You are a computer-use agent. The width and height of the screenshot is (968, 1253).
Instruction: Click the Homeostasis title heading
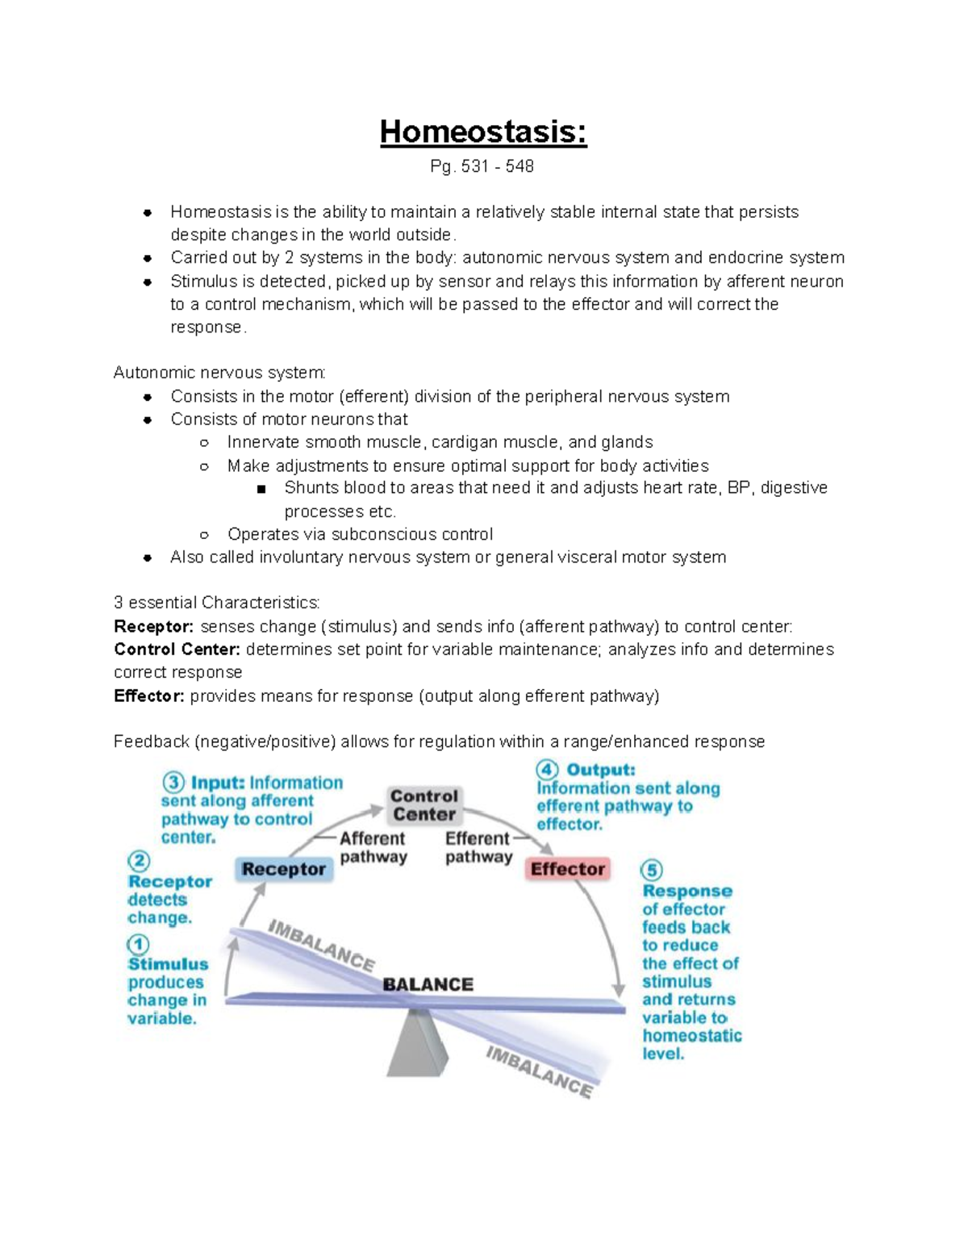483,132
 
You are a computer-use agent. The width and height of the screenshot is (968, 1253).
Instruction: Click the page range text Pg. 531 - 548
482,166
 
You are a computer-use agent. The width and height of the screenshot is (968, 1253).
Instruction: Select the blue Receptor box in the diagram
284,869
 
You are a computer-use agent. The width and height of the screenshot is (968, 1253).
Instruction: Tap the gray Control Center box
424,805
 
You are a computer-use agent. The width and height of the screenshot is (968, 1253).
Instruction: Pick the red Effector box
567,869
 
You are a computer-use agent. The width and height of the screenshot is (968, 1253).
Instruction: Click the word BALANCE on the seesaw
428,984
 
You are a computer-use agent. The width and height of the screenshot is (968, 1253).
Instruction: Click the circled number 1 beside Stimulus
138,945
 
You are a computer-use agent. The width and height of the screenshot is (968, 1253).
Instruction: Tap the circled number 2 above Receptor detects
138,860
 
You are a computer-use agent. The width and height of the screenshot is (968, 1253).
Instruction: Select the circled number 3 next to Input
173,783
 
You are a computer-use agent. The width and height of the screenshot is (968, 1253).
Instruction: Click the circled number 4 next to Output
548,770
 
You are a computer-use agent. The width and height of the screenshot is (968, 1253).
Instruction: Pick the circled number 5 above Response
652,871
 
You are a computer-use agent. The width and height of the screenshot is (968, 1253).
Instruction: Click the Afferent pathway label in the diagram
373,848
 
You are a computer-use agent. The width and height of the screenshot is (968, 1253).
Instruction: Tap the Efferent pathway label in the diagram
478,848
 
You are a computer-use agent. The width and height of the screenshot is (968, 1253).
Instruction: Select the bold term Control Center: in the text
177,649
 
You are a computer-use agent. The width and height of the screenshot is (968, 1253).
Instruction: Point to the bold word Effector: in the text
149,696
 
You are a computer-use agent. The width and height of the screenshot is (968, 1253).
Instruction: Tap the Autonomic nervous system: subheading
219,373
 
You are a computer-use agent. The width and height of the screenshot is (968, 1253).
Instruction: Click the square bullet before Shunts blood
261,489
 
